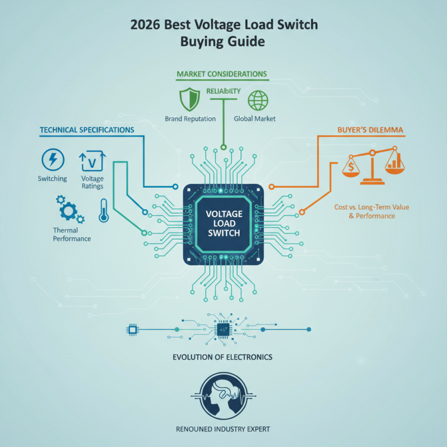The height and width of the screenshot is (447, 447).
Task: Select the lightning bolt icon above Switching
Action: pyautogui.click(x=53, y=159)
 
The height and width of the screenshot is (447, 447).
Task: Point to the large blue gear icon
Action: pyautogui.click(x=68, y=211)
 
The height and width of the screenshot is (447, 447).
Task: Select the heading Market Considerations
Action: pyautogui.click(x=222, y=74)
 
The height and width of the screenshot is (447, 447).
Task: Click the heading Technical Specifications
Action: pyautogui.click(x=87, y=130)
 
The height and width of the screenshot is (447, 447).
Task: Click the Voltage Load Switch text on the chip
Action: pyautogui.click(x=223, y=223)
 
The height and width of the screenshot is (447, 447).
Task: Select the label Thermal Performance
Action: pyautogui.click(x=72, y=234)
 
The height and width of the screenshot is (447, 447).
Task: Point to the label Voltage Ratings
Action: pyautogui.click(x=92, y=182)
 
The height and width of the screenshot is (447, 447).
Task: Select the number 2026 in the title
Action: pyautogui.click(x=144, y=26)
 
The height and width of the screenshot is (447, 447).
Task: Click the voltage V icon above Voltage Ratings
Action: pyautogui.click(x=92, y=161)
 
